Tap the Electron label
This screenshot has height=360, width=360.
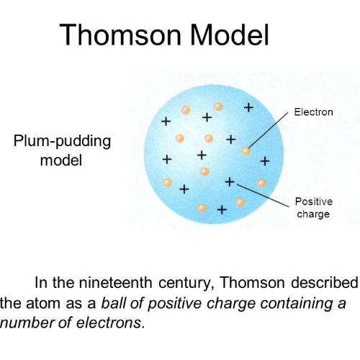click(313, 112)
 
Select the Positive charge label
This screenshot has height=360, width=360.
click(313, 207)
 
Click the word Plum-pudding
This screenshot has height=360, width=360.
click(62, 140)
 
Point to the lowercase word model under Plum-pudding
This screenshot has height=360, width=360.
click(61, 160)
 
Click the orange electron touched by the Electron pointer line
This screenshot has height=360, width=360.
click(247, 151)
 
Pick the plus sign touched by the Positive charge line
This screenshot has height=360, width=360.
click(230, 181)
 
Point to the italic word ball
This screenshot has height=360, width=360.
click(114, 302)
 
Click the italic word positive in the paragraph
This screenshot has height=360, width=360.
click(178, 302)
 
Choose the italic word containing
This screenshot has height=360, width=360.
click(292, 302)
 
